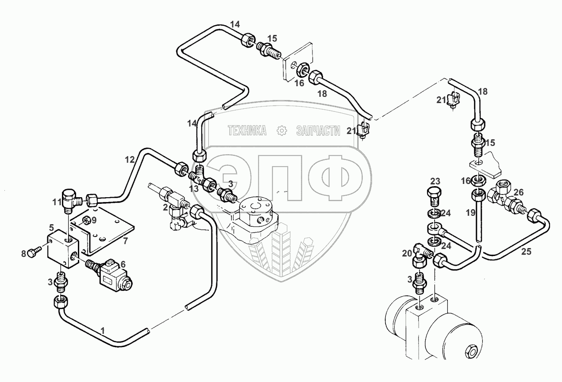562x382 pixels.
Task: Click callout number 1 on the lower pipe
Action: pyautogui.click(x=102, y=331)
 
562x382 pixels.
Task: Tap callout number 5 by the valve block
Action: pyautogui.click(x=51, y=228)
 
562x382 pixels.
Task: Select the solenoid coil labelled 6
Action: pyautogui.click(x=116, y=275)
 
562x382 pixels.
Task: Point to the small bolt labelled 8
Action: pyautogui.click(x=35, y=251)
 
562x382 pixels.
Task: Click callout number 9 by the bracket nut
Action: pyautogui.click(x=93, y=220)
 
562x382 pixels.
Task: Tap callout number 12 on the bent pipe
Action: pyautogui.click(x=130, y=160)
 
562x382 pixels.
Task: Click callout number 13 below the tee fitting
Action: pyautogui.click(x=194, y=189)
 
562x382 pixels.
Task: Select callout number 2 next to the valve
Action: pyautogui.click(x=165, y=207)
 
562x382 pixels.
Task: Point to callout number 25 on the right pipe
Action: pyautogui.click(x=526, y=252)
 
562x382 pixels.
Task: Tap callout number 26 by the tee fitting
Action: pyautogui.click(x=519, y=192)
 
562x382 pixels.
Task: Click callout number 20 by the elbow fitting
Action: pyautogui.click(x=407, y=253)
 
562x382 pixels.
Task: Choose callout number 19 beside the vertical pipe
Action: pyautogui.click(x=471, y=213)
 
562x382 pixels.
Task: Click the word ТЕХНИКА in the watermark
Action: pyautogui.click(x=247, y=130)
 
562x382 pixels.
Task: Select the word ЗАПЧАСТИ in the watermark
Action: pyautogui.click(x=318, y=130)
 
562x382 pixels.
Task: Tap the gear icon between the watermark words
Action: pyautogui.click(x=281, y=130)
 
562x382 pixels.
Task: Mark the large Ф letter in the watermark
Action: pyautogui.click(x=335, y=178)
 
